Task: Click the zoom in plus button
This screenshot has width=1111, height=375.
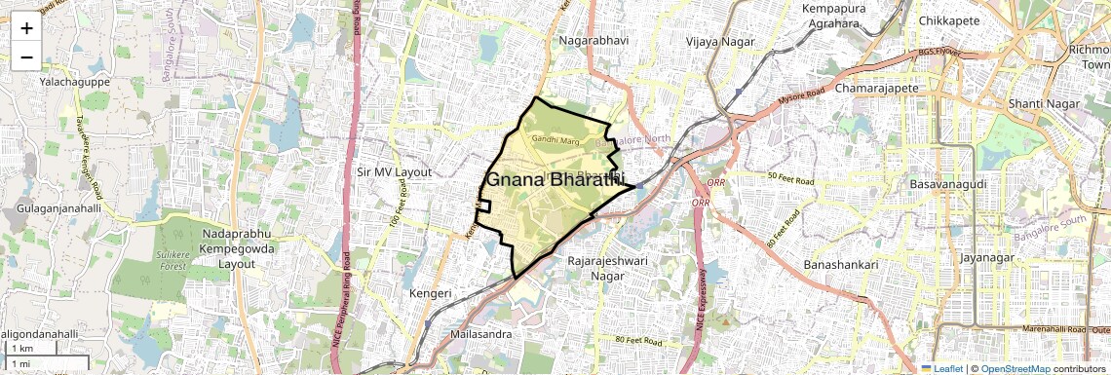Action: coord(26,27)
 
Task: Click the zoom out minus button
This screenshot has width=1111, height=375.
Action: coord(26,56)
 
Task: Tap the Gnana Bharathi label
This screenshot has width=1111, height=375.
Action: coord(554,180)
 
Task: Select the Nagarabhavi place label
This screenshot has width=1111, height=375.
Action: coord(594,41)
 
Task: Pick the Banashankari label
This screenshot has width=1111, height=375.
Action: coord(842,265)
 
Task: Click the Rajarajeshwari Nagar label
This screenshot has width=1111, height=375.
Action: coord(607,268)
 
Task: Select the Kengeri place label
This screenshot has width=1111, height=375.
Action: coord(430,292)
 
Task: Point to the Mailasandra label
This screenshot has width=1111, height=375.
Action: coord(480,333)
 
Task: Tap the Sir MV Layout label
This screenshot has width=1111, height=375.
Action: coord(394,171)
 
